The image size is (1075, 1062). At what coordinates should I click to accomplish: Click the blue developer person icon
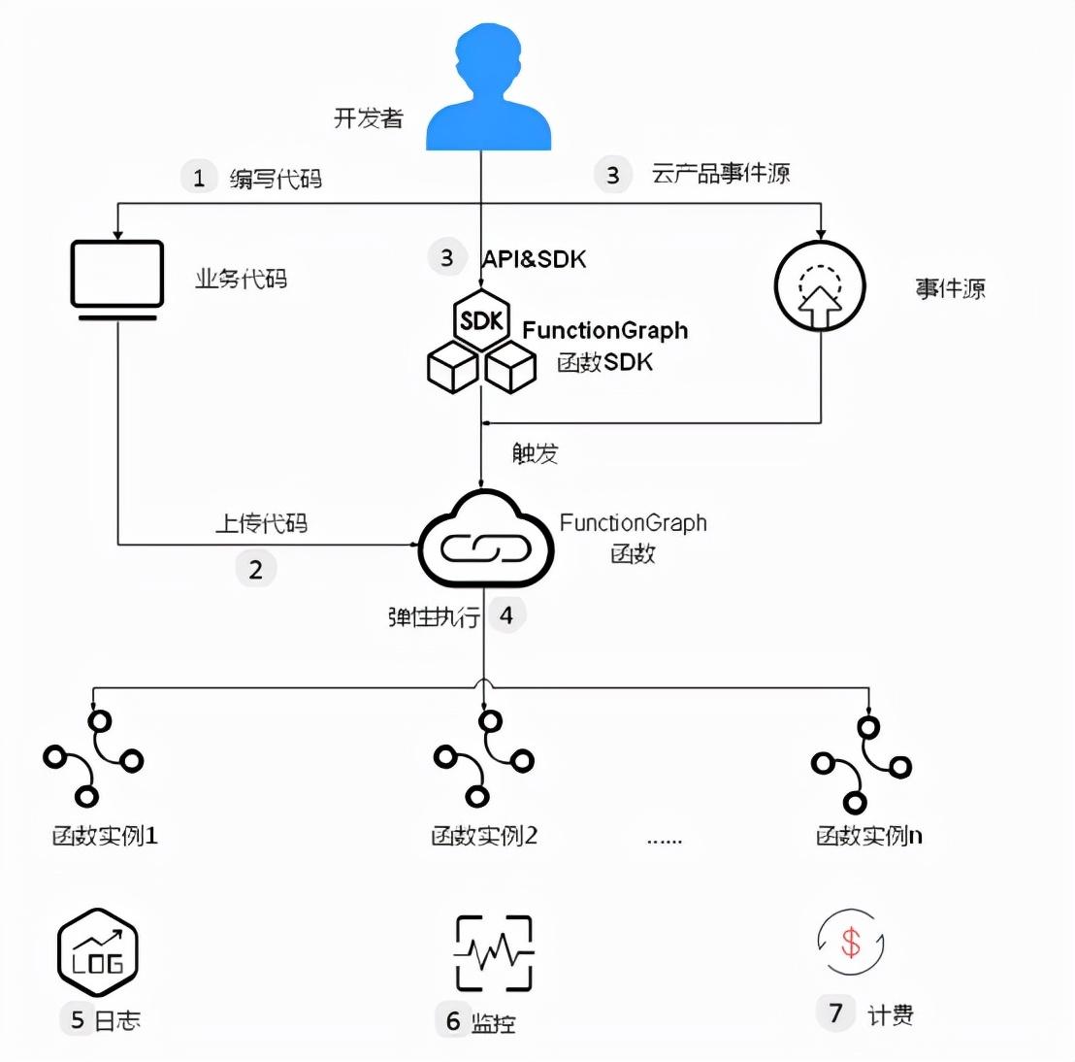(x=488, y=92)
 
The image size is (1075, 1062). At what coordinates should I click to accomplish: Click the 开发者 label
(x=368, y=118)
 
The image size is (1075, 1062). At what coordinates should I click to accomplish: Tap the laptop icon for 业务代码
(x=117, y=278)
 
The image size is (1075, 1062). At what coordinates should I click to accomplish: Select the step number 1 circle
(x=199, y=178)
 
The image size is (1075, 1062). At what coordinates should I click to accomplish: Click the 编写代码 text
(x=276, y=179)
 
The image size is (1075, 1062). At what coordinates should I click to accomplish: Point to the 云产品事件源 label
(x=721, y=174)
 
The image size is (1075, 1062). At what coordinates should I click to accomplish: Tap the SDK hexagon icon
(x=482, y=320)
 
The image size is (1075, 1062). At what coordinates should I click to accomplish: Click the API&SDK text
(x=535, y=258)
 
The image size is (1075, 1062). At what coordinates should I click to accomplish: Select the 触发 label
(x=536, y=453)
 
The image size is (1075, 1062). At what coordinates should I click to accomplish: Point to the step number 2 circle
(x=256, y=569)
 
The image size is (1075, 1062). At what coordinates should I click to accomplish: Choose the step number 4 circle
(x=505, y=614)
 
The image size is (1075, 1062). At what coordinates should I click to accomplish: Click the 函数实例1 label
(x=105, y=835)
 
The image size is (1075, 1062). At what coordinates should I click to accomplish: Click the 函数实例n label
(x=868, y=835)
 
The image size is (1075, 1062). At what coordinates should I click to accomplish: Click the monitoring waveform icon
(x=494, y=952)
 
